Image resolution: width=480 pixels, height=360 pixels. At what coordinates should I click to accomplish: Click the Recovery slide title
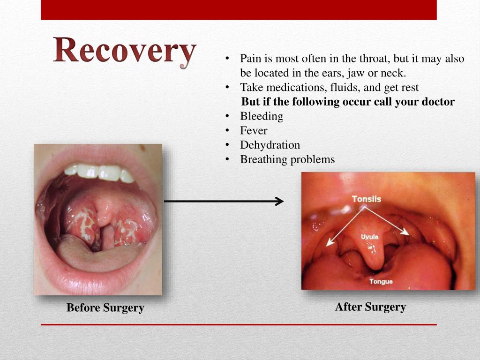(124, 51)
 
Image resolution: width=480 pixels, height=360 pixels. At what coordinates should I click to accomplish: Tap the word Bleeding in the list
(262, 116)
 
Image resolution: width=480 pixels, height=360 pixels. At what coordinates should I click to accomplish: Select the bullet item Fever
(254, 130)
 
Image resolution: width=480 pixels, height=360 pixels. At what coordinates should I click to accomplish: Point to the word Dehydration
(270, 145)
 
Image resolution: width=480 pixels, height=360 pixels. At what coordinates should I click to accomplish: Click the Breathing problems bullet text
(287, 159)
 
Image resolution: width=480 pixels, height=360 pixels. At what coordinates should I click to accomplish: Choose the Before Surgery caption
(105, 308)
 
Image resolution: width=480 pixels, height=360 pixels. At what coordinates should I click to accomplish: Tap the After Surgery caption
(370, 307)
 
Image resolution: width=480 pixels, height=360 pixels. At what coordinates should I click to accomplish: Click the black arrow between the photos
(224, 201)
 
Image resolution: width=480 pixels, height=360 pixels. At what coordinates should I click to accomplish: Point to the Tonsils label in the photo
(367, 199)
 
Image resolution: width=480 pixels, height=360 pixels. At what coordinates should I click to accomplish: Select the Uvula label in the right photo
(369, 237)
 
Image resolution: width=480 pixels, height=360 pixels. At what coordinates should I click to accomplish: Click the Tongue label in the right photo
(381, 282)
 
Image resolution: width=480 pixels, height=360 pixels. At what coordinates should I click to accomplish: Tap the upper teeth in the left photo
(99, 172)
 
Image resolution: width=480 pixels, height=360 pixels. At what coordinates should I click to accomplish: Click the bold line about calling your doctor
(348, 102)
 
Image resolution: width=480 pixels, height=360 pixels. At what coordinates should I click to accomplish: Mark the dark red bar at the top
(239, 10)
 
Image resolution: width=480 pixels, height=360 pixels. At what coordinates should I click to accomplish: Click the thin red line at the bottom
(239, 324)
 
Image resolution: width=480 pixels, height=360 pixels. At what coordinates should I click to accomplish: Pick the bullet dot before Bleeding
(227, 116)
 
